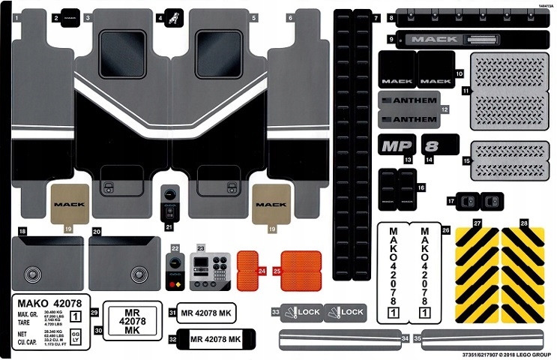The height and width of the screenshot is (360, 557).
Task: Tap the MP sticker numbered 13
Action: click(x=397, y=145)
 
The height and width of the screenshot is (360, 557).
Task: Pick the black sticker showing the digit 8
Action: click(x=439, y=144)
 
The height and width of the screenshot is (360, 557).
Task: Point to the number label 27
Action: click(x=477, y=224)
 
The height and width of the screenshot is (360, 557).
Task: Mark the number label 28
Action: click(x=524, y=224)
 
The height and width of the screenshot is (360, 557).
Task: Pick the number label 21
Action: click(x=169, y=226)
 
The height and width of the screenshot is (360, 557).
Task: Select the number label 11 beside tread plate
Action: click(x=466, y=91)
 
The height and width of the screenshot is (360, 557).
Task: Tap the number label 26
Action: click(x=445, y=230)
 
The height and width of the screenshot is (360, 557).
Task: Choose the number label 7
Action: click(x=376, y=16)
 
